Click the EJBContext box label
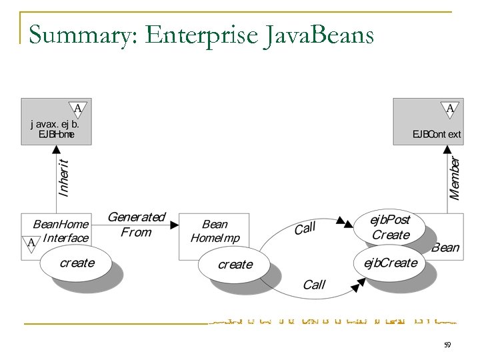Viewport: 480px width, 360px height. (436, 134)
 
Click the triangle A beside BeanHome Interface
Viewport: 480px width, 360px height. (31, 243)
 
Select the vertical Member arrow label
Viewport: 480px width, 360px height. (455, 178)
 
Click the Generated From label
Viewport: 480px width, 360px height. (136, 225)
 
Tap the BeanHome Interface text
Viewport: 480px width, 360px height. (61, 231)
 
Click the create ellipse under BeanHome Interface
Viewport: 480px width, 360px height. (77, 263)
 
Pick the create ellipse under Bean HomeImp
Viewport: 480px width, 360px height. (235, 265)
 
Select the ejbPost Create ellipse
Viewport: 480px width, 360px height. (391, 228)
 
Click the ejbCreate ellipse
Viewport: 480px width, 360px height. (390, 263)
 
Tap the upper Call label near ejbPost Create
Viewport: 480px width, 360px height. (305, 229)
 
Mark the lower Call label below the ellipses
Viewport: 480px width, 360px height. (313, 285)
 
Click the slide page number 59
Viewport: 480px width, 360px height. (447, 345)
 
